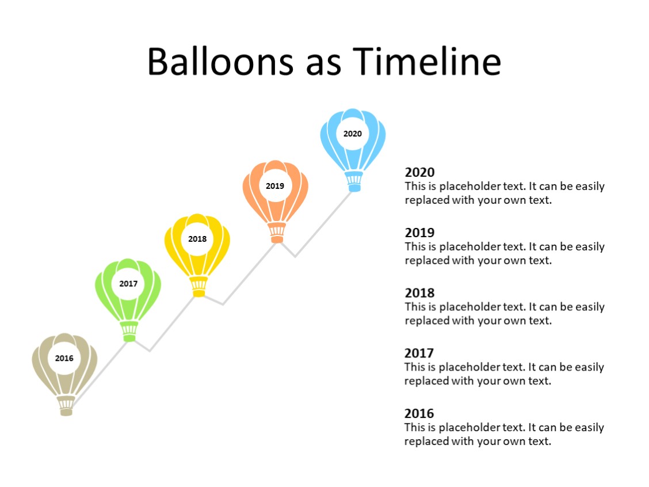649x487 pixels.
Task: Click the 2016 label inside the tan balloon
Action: pyautogui.click(x=64, y=358)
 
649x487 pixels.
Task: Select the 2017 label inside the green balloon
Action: pyautogui.click(x=128, y=284)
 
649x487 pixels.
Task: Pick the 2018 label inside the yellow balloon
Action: pyautogui.click(x=197, y=239)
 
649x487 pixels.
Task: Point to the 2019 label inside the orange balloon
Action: pyautogui.click(x=275, y=186)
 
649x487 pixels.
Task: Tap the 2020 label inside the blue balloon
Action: pyautogui.click(x=353, y=134)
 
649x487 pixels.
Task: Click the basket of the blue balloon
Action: pyautogui.click(x=354, y=181)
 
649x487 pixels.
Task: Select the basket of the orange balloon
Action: pyautogui.click(x=277, y=233)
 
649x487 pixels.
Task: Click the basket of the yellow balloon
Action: pyautogui.click(x=199, y=286)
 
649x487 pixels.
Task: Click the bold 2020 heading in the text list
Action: pyautogui.click(x=420, y=172)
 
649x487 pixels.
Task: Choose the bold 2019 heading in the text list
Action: pyautogui.click(x=420, y=233)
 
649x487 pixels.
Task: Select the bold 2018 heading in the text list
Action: pyautogui.click(x=420, y=293)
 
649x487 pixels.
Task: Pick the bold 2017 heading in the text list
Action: pyautogui.click(x=419, y=353)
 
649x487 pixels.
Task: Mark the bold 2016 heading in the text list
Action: pyautogui.click(x=419, y=413)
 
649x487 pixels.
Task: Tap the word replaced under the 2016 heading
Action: pyautogui.click(x=427, y=442)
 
